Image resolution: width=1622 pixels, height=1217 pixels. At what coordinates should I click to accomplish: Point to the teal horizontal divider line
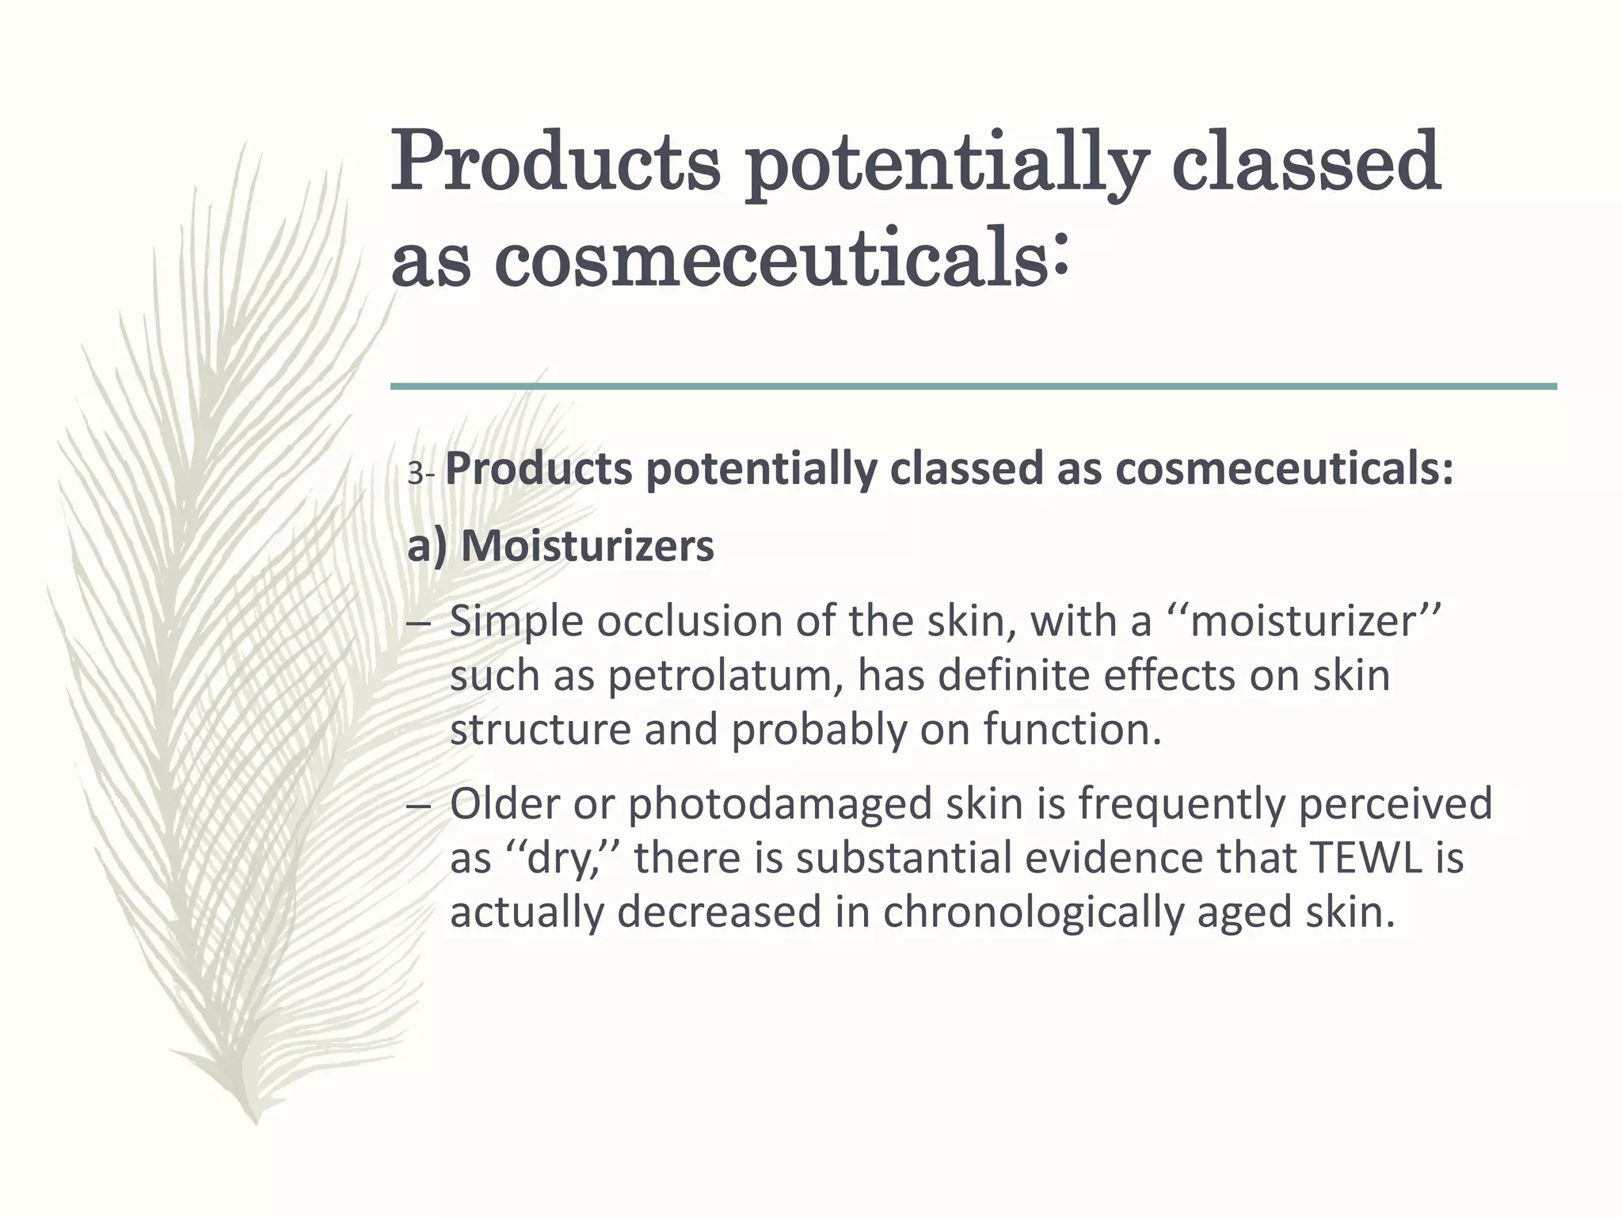[x=973, y=387]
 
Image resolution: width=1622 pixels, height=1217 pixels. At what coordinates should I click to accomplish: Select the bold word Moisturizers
[x=587, y=547]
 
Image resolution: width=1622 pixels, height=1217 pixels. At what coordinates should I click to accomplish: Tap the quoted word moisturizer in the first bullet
[x=1302, y=621]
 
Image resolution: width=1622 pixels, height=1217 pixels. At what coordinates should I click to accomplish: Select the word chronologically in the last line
[x=1033, y=912]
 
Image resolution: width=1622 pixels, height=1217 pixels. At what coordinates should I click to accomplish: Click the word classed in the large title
[x=1305, y=162]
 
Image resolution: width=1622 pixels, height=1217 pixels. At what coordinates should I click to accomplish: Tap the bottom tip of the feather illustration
[x=255, y=1119]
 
